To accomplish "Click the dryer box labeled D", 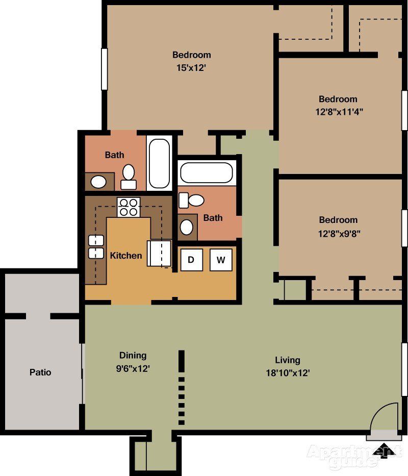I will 192,260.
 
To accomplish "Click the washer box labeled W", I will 221,260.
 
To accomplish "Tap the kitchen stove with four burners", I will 128,207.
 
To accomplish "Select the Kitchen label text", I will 126,255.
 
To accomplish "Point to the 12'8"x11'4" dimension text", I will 339,111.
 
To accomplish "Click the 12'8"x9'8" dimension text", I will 338,232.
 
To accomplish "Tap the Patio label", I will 40,372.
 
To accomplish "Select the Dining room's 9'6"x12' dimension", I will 133,368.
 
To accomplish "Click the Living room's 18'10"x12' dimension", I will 287,372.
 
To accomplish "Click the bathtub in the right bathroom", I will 207,172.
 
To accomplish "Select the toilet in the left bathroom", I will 129,175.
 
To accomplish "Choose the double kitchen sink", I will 95,246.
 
